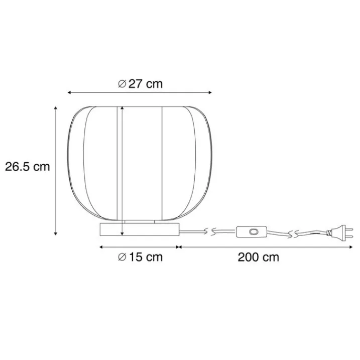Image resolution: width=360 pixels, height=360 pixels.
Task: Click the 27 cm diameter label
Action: (140, 84)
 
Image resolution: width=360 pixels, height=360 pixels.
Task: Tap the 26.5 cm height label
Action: (27, 167)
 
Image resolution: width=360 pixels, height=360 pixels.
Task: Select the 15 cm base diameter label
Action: (140, 257)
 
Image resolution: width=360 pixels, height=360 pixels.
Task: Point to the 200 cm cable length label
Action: (258, 257)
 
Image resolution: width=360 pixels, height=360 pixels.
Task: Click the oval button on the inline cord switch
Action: (253, 231)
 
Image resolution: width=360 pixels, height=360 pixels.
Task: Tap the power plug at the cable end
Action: (339, 232)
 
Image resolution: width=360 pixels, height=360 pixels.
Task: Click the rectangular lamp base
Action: (140, 229)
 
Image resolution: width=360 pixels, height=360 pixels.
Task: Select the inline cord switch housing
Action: (252, 231)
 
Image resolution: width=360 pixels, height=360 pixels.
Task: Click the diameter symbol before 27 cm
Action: (122, 84)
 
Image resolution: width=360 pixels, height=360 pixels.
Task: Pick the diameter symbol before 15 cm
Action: (122, 257)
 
